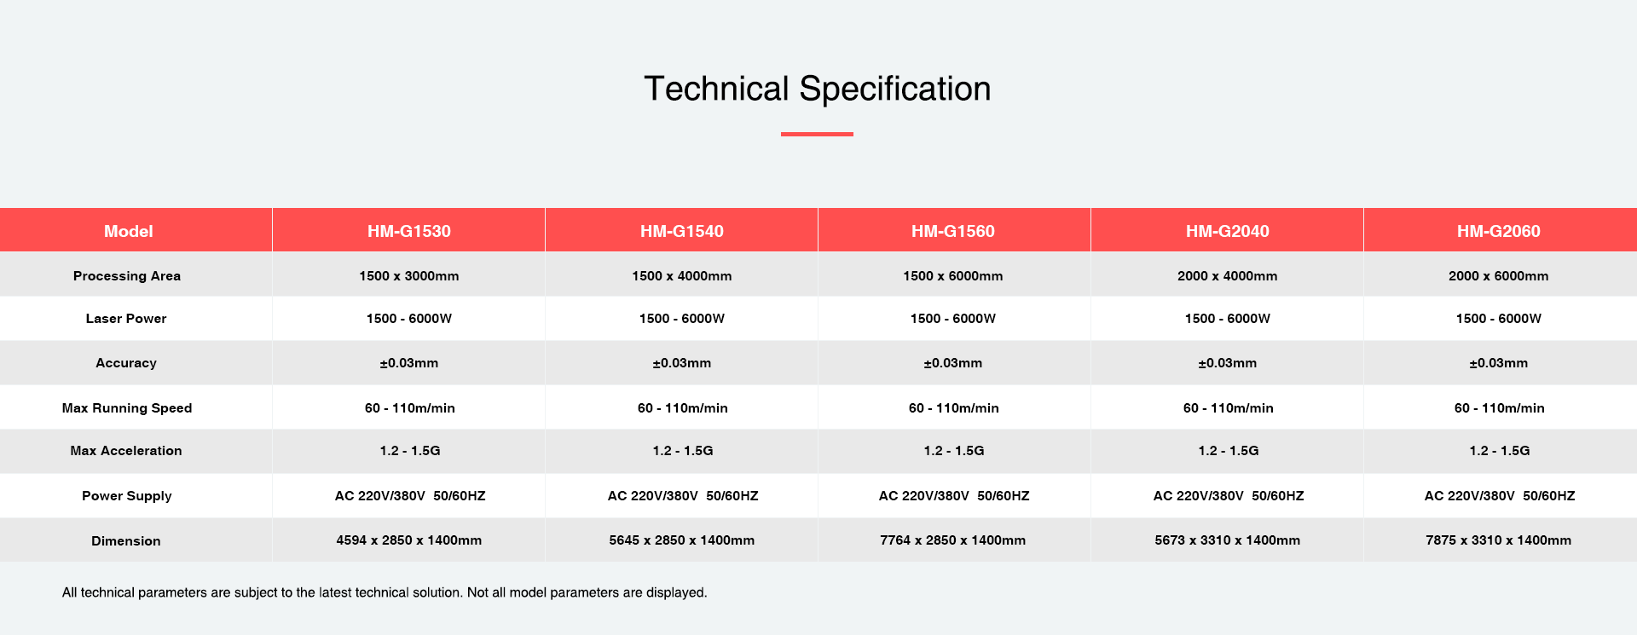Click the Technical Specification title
point(817,89)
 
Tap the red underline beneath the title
point(817,134)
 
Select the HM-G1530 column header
point(409,231)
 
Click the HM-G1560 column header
point(953,231)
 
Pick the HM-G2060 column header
point(1499,231)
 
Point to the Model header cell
point(129,231)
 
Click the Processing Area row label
point(127,276)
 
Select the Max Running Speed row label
point(127,408)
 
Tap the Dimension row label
point(126,541)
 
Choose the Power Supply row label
point(127,496)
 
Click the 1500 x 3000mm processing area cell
point(409,276)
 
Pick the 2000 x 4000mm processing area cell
point(1228,276)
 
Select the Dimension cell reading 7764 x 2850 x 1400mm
point(953,540)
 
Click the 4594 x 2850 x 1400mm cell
point(409,540)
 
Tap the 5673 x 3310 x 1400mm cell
point(1228,540)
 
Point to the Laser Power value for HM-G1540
point(682,319)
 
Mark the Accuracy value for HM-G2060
point(1499,363)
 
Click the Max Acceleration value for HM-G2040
point(1229,451)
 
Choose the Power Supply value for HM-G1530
point(410,496)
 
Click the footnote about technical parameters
point(385,592)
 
